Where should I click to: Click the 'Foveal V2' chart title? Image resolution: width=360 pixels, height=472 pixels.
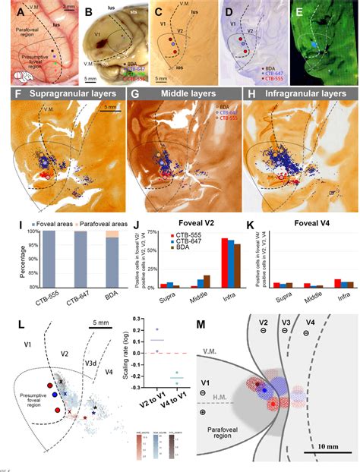pos(189,225)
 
